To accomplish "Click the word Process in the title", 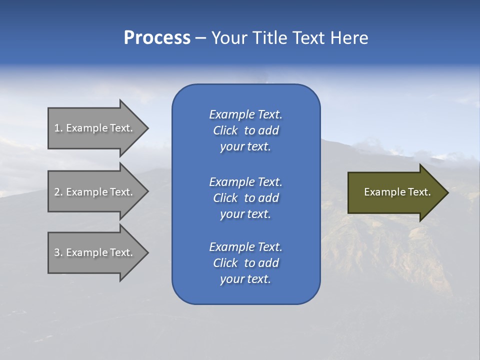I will pyautogui.click(x=157, y=38).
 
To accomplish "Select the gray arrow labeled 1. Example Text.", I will pyautogui.click(x=95, y=128).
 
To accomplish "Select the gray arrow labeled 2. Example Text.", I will pyautogui.click(x=95, y=192).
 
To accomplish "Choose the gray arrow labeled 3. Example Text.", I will pyautogui.click(x=95, y=252).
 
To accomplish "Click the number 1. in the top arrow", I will pyautogui.click(x=58, y=128).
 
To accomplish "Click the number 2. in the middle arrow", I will pyautogui.click(x=58, y=192).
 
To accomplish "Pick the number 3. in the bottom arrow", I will pyautogui.click(x=58, y=252).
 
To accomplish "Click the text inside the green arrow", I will pyautogui.click(x=397, y=192).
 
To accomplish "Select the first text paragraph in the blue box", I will pyautogui.click(x=245, y=130).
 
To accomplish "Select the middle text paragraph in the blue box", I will pyautogui.click(x=245, y=198).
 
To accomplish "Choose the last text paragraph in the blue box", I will pyautogui.click(x=245, y=263).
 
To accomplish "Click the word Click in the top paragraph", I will pyautogui.click(x=225, y=130).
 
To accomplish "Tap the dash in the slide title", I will pyautogui.click(x=200, y=38).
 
